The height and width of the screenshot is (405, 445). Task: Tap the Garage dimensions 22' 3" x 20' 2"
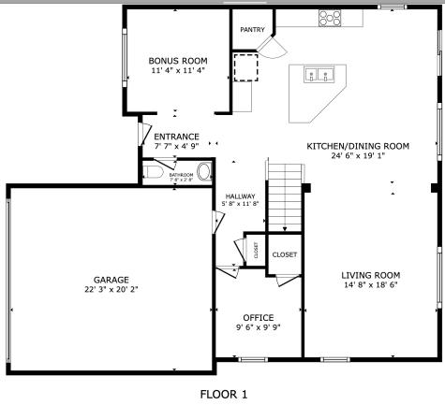[111, 290]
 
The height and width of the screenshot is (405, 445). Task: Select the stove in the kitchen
[330, 16]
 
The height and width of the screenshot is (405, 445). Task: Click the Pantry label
[252, 30]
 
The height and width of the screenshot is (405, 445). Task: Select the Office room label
[258, 318]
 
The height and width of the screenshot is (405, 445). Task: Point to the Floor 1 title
[223, 394]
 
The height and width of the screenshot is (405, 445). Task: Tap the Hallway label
[240, 195]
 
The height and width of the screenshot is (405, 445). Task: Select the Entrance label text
[176, 137]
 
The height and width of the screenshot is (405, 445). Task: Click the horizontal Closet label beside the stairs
[285, 254]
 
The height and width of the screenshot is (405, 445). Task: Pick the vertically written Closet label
[256, 250]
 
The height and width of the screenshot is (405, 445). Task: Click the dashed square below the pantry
[245, 68]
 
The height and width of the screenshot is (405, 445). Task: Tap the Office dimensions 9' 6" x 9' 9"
[258, 328]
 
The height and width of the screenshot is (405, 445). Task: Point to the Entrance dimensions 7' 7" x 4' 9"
[176, 146]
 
